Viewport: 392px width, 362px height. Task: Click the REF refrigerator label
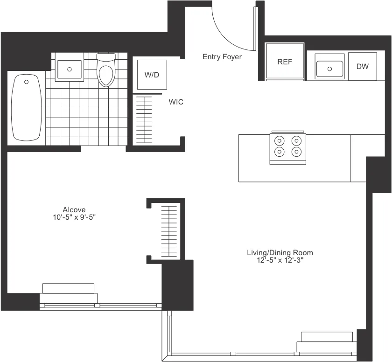tap(284, 62)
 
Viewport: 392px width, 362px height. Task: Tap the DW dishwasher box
tap(363, 66)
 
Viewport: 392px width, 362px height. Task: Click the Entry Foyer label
tap(222, 57)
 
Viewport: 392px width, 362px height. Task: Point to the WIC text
tap(176, 102)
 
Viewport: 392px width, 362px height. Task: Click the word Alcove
tap(74, 209)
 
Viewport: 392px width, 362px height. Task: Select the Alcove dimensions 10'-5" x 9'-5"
tap(74, 217)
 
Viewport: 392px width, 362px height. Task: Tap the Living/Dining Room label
tap(280, 253)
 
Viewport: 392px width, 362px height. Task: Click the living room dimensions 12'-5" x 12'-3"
tap(280, 261)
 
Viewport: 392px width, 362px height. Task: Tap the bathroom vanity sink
tap(70, 69)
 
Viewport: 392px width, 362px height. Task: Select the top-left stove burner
tap(280, 140)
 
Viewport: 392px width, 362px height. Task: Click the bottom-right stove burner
tap(296, 151)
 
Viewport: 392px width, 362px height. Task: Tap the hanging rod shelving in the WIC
tap(144, 120)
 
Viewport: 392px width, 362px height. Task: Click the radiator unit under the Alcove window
tap(69, 293)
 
